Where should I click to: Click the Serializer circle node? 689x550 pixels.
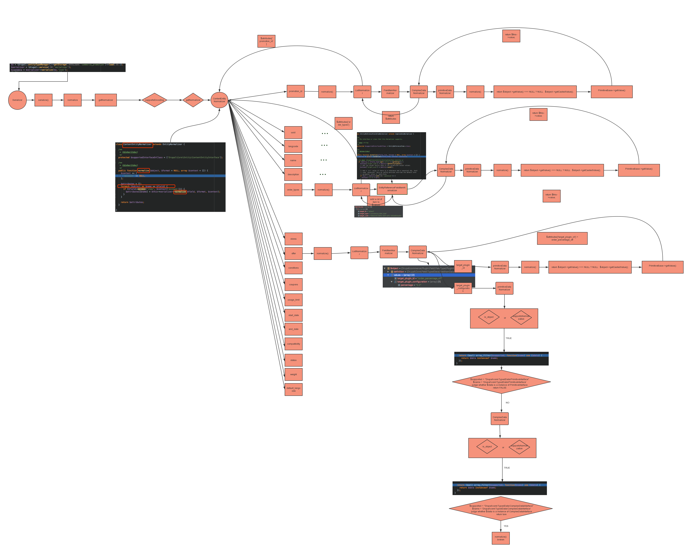[x=17, y=100]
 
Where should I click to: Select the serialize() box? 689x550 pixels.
[x=44, y=100]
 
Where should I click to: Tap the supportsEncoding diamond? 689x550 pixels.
[x=154, y=100]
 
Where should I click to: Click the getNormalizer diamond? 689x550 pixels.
[x=193, y=100]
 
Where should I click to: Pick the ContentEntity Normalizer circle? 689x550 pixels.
[x=219, y=100]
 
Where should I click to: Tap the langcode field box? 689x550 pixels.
[x=293, y=146]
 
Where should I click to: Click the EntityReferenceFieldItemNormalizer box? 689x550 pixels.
[x=392, y=189]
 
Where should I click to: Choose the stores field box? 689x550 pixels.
[x=293, y=239]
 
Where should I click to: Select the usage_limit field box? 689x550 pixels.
[x=293, y=300]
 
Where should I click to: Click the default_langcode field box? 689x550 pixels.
[x=293, y=390]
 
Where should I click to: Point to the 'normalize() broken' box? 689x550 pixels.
[x=500, y=538]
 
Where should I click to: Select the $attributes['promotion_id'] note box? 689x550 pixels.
[x=266, y=41]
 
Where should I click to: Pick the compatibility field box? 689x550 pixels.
[x=293, y=344]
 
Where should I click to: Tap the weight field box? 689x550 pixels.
[x=293, y=374]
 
